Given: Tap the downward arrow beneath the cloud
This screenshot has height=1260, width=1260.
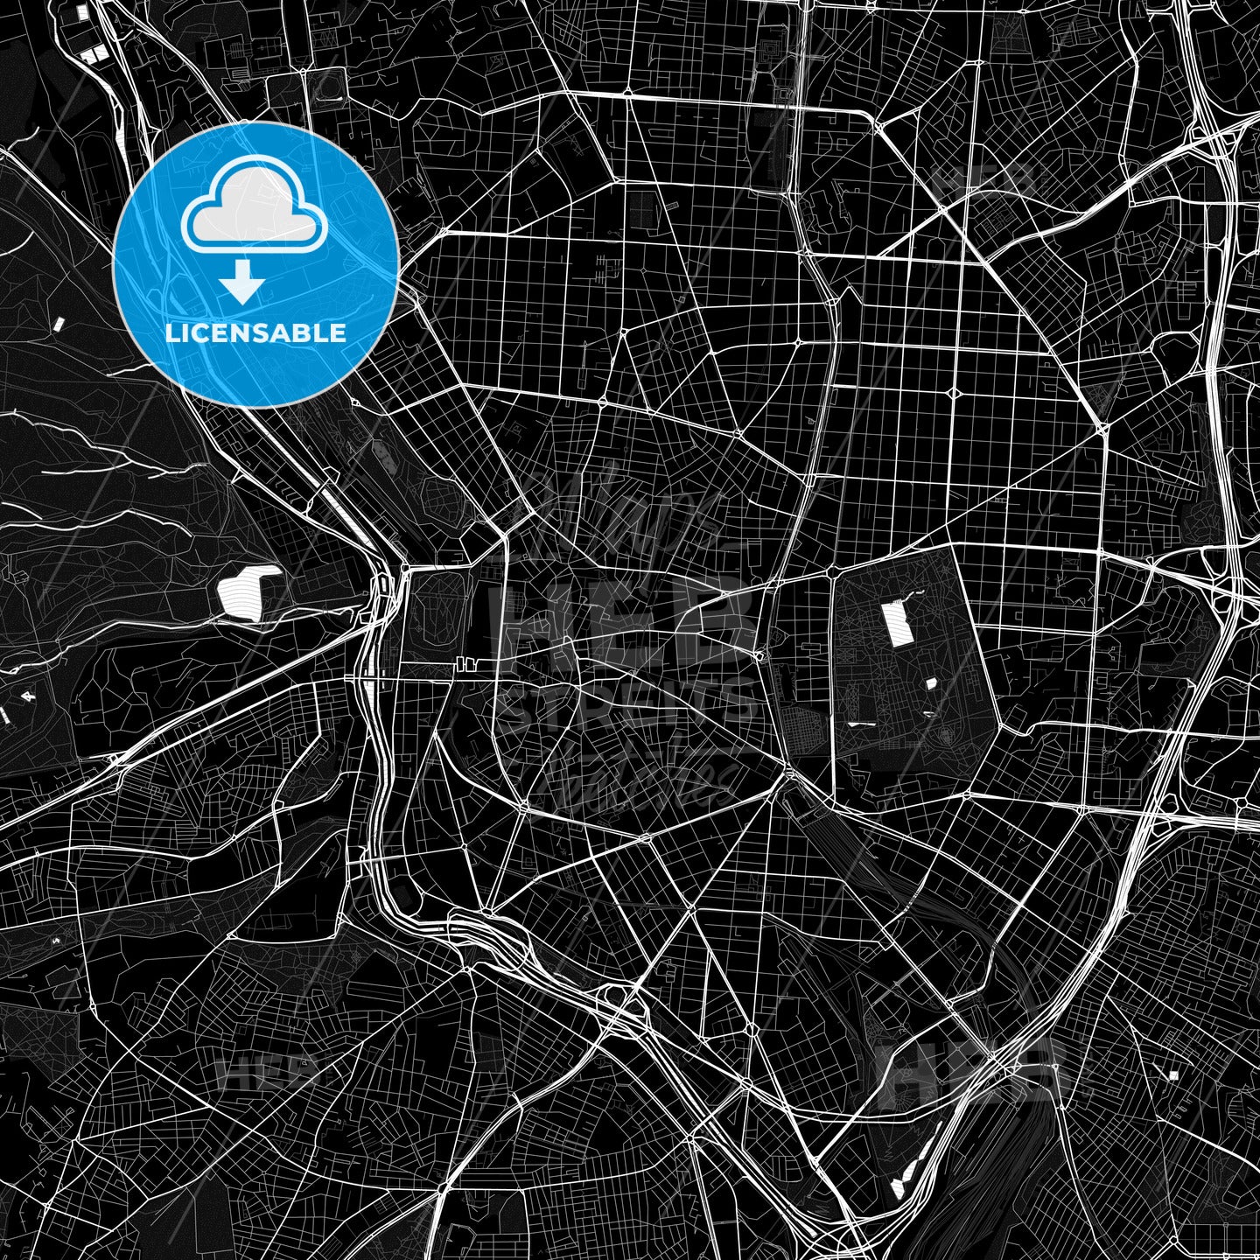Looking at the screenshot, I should pyautogui.click(x=241, y=285).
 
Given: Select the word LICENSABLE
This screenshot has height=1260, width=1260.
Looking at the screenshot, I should pyautogui.click(x=255, y=333).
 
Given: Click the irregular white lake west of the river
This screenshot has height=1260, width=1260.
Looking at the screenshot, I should pyautogui.click(x=248, y=591).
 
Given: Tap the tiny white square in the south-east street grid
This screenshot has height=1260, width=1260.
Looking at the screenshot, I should pyautogui.click(x=1173, y=1074).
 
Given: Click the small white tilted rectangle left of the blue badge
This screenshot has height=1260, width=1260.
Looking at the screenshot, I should pyautogui.click(x=59, y=323).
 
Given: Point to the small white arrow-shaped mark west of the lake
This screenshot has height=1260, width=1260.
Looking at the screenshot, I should pyautogui.click(x=26, y=696).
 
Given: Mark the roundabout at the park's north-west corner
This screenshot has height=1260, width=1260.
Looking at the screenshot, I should pyautogui.click(x=829, y=574).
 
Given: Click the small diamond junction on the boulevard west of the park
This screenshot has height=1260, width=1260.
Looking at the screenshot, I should pyautogui.click(x=759, y=655).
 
